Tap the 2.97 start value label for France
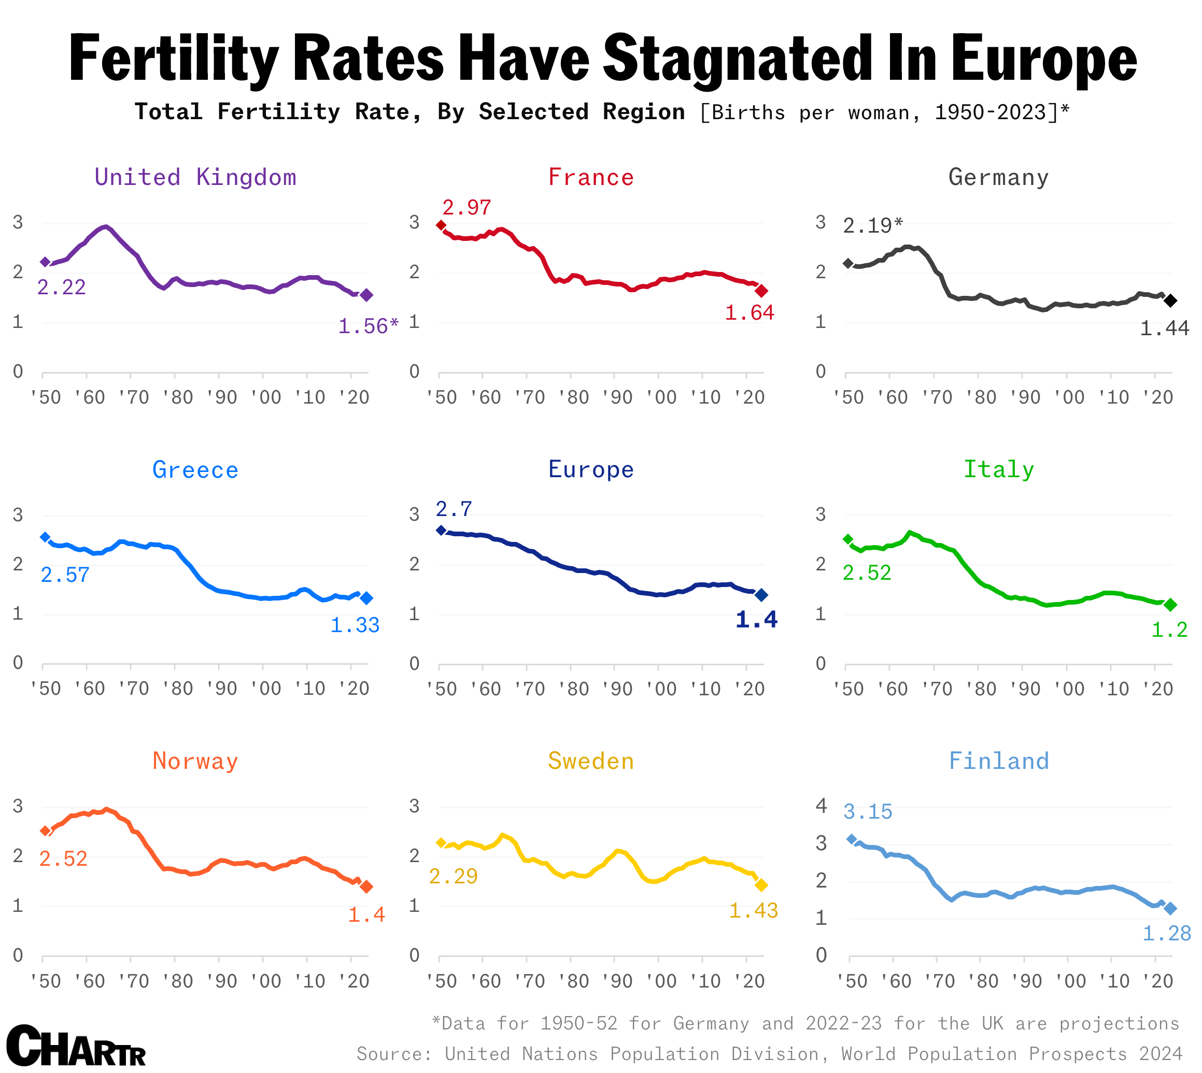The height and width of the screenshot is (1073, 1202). point(466,208)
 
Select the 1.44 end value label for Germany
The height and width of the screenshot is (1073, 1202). point(1164,328)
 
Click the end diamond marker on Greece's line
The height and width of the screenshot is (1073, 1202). point(366,598)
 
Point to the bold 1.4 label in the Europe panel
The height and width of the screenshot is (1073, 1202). point(757,620)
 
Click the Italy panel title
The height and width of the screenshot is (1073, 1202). point(998,469)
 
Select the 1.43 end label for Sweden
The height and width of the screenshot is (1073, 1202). point(753,910)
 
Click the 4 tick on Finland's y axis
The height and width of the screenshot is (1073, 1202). point(821,806)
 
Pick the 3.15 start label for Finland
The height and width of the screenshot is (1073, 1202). point(868,812)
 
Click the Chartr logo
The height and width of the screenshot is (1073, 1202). point(76,1046)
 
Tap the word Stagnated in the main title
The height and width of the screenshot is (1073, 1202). point(738,59)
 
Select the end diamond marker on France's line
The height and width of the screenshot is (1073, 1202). point(761,291)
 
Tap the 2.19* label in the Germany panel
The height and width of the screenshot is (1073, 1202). point(873,225)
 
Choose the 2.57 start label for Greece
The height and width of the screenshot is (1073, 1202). point(65,575)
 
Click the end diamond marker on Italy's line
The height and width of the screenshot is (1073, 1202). point(1171,605)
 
